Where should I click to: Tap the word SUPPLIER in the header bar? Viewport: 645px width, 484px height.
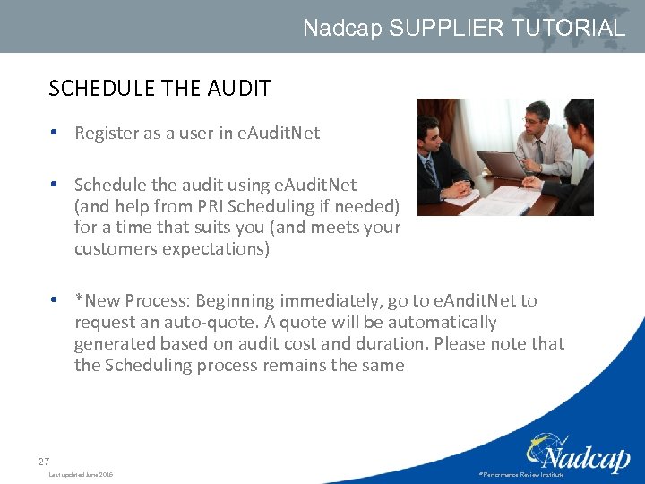point(436,28)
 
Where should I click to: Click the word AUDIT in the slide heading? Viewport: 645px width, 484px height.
point(238,88)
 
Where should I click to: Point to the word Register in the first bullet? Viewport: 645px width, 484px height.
point(106,134)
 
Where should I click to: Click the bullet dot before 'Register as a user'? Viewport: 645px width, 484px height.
point(56,134)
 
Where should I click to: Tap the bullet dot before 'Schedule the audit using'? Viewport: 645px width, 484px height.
point(56,185)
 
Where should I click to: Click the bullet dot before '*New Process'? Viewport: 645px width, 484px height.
point(56,300)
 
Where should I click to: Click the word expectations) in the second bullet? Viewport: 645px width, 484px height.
point(216,249)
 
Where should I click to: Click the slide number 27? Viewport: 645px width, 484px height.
point(44,462)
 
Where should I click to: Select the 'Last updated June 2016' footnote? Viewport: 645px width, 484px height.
point(82,474)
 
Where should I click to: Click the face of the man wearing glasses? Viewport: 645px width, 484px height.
point(534,116)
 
